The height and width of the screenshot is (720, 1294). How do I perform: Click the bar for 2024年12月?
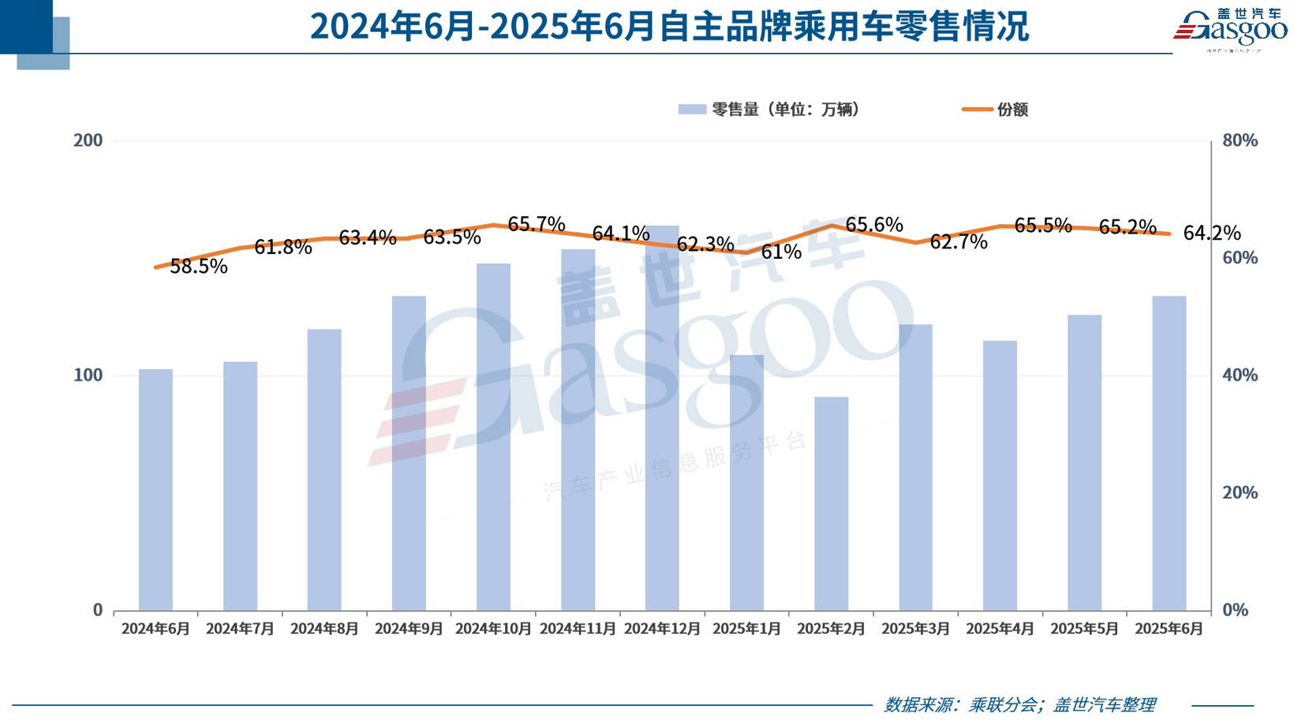pos(662,418)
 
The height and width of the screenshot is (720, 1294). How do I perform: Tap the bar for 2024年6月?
pos(155,489)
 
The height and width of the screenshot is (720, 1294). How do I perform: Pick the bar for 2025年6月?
pos(1169,453)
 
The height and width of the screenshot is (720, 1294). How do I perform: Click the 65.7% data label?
pos(537,224)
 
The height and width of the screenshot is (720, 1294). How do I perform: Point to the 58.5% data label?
pos(199,267)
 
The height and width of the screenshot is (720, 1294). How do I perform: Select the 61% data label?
pos(781,252)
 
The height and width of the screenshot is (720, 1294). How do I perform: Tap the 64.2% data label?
pos(1212,233)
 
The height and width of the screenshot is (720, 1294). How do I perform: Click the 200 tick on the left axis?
pos(88,140)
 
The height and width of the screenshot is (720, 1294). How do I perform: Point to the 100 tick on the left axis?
pos(88,375)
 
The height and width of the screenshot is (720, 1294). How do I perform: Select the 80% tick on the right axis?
pos(1240,140)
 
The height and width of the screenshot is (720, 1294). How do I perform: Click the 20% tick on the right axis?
pos(1240,492)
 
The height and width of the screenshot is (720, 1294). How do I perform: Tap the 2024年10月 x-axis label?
pos(493,629)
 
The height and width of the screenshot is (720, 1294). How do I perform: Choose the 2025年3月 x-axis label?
pos(915,629)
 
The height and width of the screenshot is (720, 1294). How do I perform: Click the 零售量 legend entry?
pos(769,110)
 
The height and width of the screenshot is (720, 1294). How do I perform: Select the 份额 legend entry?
pos(996,110)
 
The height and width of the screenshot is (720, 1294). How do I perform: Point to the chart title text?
pos(669,26)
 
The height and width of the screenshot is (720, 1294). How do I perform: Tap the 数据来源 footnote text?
pos(1019,704)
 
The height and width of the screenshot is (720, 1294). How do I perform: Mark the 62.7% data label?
pos(959,242)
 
